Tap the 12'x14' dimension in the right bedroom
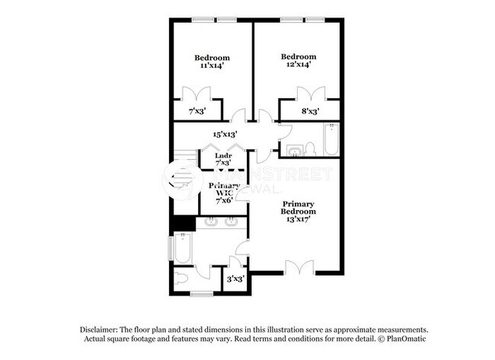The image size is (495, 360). [x=298, y=66]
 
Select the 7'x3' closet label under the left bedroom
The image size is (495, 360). [x=197, y=112]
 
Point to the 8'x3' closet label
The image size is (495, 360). [x=309, y=112]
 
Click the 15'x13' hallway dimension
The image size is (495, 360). [x=225, y=135]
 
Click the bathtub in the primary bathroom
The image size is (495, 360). [x=182, y=247]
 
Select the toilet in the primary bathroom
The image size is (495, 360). [x=181, y=277]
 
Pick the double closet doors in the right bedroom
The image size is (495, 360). [x=309, y=96]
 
